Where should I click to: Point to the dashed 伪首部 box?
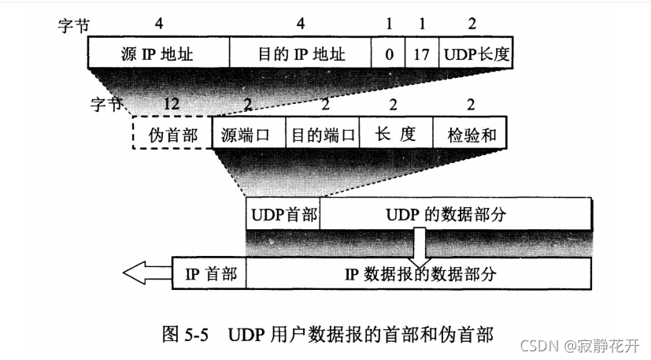[x=172, y=133]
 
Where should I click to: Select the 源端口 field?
[x=248, y=133]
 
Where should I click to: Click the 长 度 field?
[x=396, y=133]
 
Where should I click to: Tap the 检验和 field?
[x=470, y=133]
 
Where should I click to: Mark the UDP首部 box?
[x=283, y=215]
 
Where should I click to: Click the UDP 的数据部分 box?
[x=457, y=215]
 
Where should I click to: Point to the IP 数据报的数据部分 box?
[x=420, y=273]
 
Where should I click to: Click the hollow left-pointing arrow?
[x=146, y=273]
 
